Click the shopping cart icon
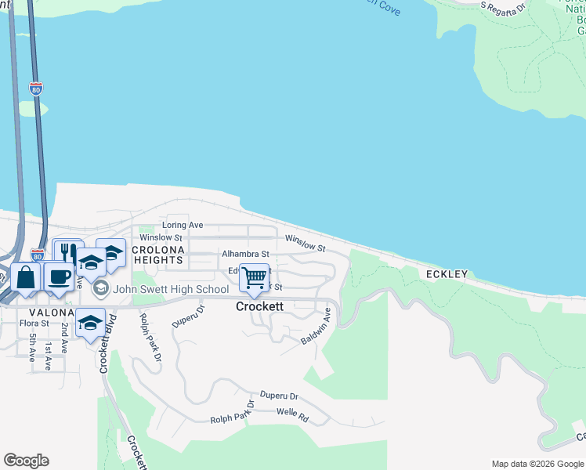coord(254,278)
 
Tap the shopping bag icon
coord(26,277)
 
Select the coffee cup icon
coord(59,277)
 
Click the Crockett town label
coord(259,307)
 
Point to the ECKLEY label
coord(447,274)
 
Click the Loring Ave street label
coord(183,226)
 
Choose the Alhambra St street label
coord(245,254)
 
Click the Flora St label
coord(34,323)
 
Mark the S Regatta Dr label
coord(503,9)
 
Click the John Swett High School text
coord(171,289)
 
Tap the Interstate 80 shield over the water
coord(36,89)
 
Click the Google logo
coord(26,461)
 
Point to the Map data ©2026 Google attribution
coord(537,464)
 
